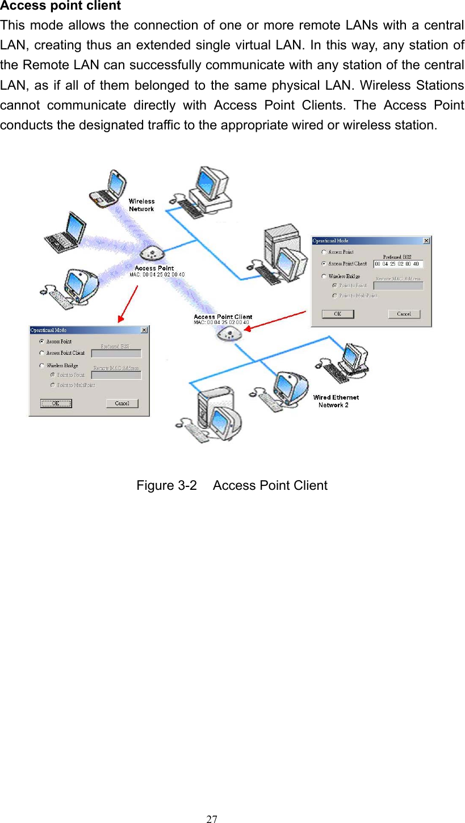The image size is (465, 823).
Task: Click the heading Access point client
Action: pyautogui.click(x=60, y=6)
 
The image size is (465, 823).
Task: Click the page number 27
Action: pyautogui.click(x=211, y=819)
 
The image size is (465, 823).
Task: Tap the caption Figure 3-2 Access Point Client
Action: pyautogui.click(x=232, y=485)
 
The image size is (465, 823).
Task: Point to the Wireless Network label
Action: pyautogui.click(x=141, y=205)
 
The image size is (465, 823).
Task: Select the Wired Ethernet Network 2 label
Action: pyautogui.click(x=336, y=401)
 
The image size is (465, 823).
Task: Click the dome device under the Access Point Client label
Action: pyautogui.click(x=229, y=334)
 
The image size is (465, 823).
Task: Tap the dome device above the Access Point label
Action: pyautogui.click(x=152, y=252)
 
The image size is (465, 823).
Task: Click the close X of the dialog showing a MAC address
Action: pyautogui.click(x=426, y=241)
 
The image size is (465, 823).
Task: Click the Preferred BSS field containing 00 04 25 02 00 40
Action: pyautogui.click(x=398, y=264)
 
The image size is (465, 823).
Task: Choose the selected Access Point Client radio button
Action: pyautogui.click(x=324, y=264)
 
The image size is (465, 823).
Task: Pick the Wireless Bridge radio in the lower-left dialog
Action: pyautogui.click(x=41, y=366)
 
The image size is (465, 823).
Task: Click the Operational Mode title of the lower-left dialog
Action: pyautogui.click(x=48, y=330)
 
